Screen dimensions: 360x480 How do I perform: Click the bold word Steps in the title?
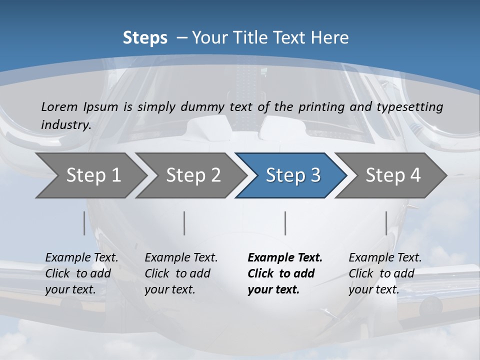coord(145,38)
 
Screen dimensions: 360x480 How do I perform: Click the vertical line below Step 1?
coord(84,223)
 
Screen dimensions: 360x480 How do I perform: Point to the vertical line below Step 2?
coord(184,223)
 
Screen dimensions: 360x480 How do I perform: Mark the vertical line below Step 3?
coord(285,223)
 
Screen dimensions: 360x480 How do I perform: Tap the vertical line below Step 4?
coord(386,223)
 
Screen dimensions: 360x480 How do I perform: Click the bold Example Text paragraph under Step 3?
coord(284,273)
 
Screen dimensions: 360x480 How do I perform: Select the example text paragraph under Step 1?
coord(81,273)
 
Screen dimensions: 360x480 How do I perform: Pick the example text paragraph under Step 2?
coord(181,273)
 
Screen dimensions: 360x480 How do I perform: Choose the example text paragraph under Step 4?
coord(385,273)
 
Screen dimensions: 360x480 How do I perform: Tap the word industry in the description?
coord(65,125)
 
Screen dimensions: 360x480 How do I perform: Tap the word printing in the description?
coord(320,106)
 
